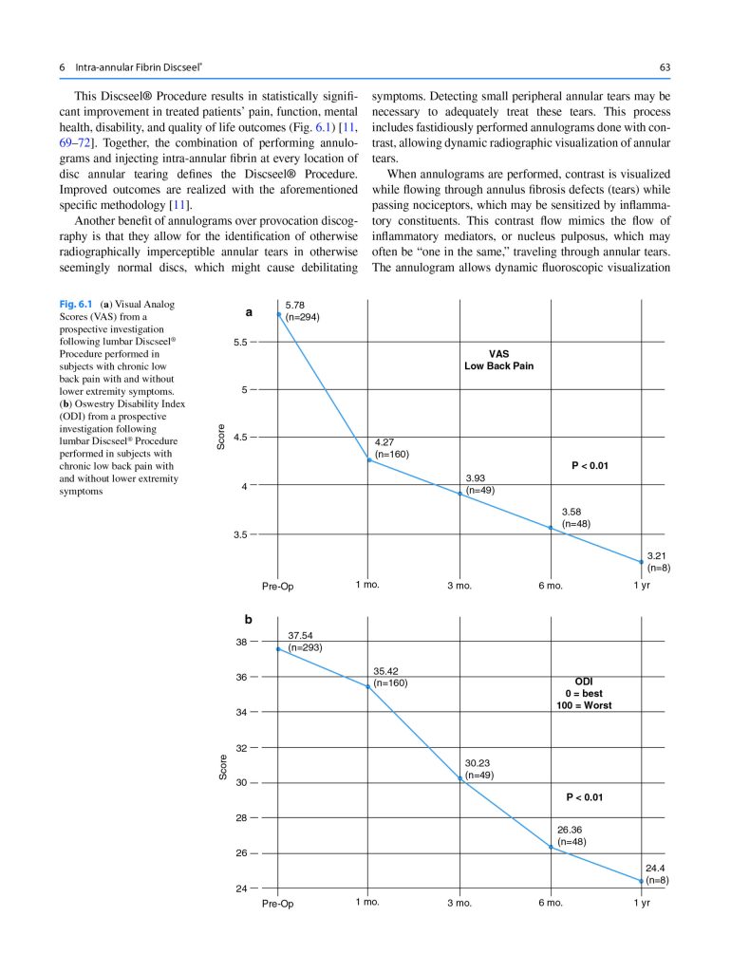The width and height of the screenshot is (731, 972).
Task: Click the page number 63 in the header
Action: pyautogui.click(x=665, y=67)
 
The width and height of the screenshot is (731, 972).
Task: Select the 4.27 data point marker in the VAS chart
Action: pyautogui.click(x=369, y=460)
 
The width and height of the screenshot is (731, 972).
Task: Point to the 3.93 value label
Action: pyautogui.click(x=477, y=477)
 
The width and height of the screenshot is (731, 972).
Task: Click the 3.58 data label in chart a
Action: pyautogui.click(x=572, y=512)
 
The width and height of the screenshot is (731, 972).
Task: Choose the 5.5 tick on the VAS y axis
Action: pyautogui.click(x=242, y=342)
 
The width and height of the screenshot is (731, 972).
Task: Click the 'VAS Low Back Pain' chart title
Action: pyautogui.click(x=498, y=359)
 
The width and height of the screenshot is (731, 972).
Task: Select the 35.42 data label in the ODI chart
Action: pyautogui.click(x=385, y=670)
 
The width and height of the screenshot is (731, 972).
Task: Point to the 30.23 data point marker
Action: pyautogui.click(x=460, y=778)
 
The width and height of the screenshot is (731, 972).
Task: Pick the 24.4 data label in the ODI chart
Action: pyautogui.click(x=656, y=868)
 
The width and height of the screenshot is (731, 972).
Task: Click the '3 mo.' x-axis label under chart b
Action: pyautogui.click(x=459, y=903)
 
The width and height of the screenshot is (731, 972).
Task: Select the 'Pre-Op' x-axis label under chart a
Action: pyautogui.click(x=278, y=586)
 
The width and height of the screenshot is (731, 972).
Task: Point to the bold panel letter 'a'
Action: pyautogui.click(x=249, y=311)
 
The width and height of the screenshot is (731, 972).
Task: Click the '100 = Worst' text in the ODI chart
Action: pyautogui.click(x=584, y=706)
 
